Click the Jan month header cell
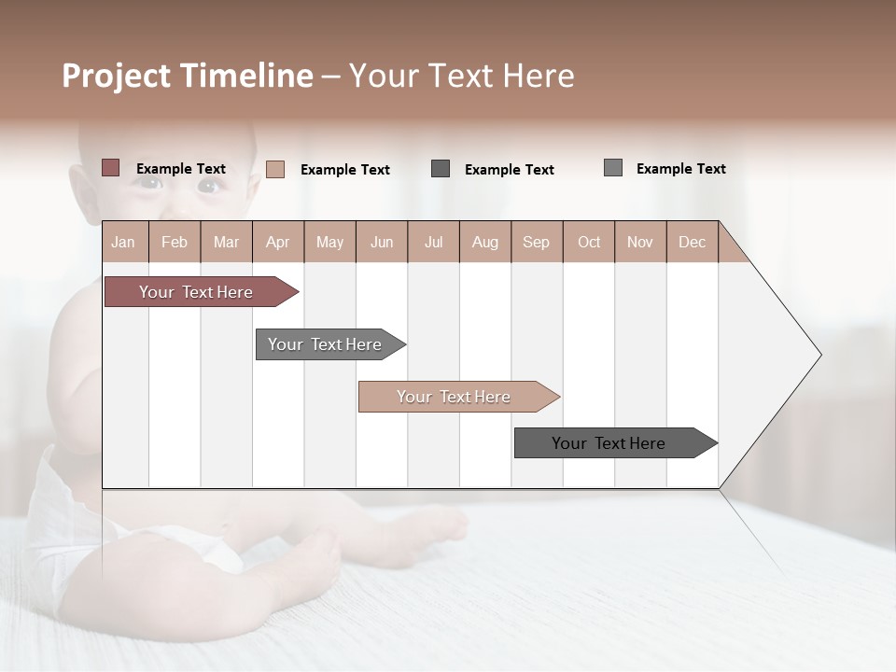[124, 242]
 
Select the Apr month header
[278, 242]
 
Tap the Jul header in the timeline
[433, 242]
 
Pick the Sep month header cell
[536, 242]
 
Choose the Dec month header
[692, 242]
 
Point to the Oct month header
[589, 242]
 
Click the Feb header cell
[175, 242]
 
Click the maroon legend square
[110, 168]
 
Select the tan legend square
[275, 169]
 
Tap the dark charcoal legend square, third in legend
[441, 169]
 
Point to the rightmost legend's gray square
[613, 168]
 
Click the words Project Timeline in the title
[188, 76]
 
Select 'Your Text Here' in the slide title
[462, 76]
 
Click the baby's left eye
[207, 186]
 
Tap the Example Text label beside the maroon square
[181, 169]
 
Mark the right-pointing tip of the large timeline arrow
[819, 355]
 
